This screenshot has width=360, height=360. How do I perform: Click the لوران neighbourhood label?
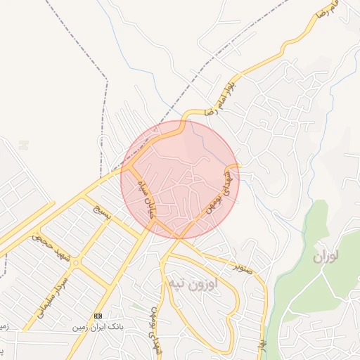click(326, 257)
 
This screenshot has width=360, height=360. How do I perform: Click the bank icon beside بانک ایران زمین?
click(98, 316)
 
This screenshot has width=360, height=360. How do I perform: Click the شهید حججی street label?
click(48, 246)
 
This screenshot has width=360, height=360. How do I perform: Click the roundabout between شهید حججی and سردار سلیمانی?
click(75, 263)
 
